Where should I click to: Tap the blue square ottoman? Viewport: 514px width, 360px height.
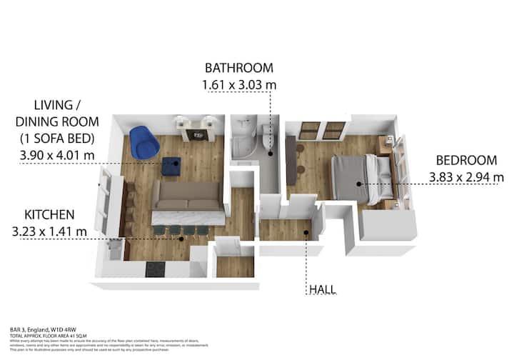(171, 166)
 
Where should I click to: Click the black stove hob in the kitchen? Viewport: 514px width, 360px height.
(155, 270)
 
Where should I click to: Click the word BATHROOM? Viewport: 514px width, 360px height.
(239, 69)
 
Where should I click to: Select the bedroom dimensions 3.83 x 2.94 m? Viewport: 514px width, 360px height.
(467, 177)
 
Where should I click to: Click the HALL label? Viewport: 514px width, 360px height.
(322, 289)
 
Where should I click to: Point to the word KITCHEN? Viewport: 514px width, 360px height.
(49, 214)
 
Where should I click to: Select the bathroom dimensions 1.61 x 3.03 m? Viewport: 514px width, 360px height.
(240, 85)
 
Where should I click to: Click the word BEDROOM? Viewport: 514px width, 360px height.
(464, 161)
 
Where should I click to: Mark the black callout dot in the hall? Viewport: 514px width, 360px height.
(306, 232)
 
